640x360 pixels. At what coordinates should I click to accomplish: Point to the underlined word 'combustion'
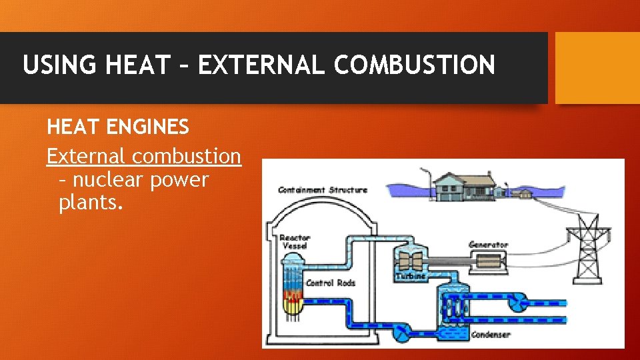click(x=186, y=156)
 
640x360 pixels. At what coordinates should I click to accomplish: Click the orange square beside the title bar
click(x=597, y=68)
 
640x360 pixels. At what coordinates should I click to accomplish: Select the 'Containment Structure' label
click(x=323, y=190)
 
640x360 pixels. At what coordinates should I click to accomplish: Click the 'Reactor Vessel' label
click(x=293, y=241)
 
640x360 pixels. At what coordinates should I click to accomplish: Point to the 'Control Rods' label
click(x=331, y=283)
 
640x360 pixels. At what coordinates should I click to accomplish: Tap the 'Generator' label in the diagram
click(x=489, y=245)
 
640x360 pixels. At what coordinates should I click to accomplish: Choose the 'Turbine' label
click(x=411, y=276)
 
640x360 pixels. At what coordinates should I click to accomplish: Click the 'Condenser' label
click(x=491, y=335)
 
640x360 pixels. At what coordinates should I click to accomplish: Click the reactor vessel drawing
click(x=292, y=287)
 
